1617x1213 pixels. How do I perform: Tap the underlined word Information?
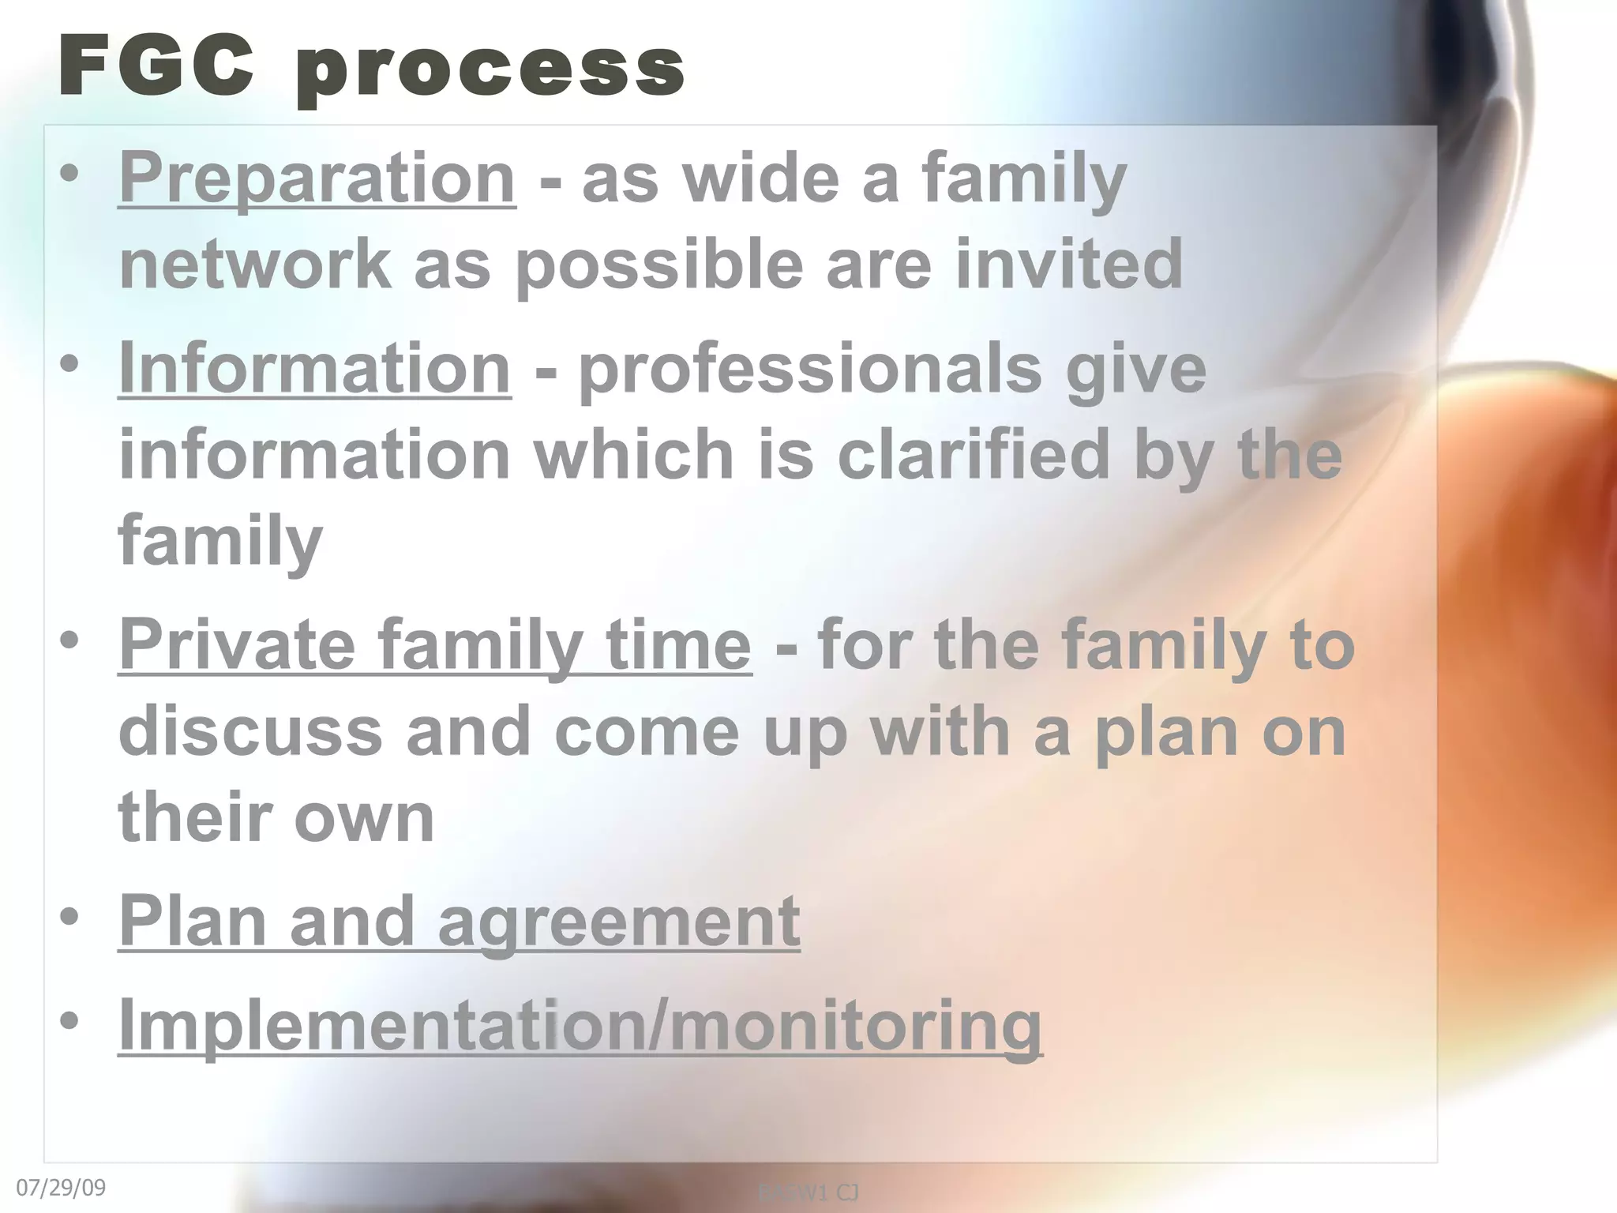[x=314, y=369]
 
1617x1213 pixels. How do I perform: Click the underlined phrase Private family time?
[x=434, y=645]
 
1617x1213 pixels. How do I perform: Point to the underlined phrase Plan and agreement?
[x=459, y=921]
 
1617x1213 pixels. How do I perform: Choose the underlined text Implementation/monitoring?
[x=580, y=1024]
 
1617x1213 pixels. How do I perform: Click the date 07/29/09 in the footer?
[x=61, y=1188]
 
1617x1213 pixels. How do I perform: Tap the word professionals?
[x=810, y=369]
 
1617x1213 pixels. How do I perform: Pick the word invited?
[x=1069, y=265]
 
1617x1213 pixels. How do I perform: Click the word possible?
[x=659, y=266]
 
